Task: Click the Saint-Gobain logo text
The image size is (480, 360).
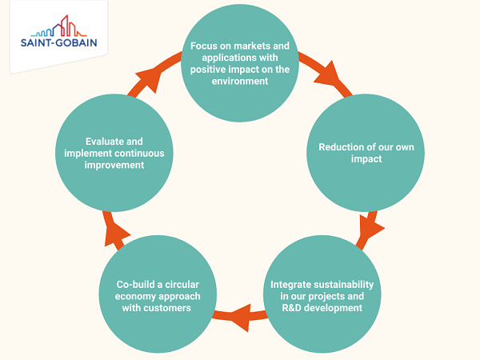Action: click(58, 42)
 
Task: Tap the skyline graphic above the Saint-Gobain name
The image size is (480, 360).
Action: click(59, 26)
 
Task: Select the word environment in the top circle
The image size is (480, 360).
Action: click(240, 81)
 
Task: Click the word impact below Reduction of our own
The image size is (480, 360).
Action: click(366, 159)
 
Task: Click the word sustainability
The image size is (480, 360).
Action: click(342, 285)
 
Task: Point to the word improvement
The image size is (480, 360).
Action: click(114, 166)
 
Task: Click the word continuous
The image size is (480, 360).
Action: click(139, 154)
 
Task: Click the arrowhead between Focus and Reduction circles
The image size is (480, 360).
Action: click(328, 74)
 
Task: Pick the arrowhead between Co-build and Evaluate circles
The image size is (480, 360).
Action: click(116, 234)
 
